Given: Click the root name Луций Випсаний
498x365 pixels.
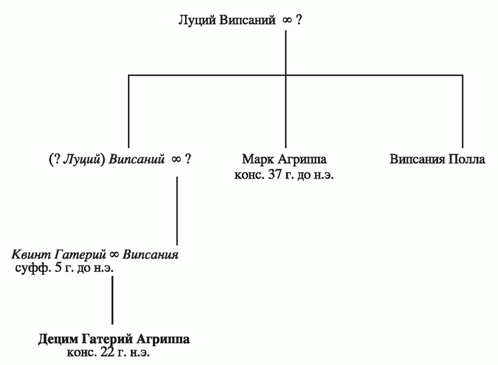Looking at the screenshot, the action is (227, 21).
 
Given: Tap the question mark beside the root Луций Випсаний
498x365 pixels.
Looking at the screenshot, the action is (299, 20).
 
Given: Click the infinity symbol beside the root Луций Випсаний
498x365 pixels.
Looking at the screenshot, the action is (287, 21).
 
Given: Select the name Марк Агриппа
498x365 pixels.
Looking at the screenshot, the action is (284, 159).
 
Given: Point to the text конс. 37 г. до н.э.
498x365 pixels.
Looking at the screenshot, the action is (284, 174).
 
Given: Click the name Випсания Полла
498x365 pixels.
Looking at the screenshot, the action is (438, 159).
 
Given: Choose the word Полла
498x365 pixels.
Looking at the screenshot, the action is (467, 159).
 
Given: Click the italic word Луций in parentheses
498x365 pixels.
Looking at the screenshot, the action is (82, 159).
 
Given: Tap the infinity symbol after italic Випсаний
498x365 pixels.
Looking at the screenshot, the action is (176, 159).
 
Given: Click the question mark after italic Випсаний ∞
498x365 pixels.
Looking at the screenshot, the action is (188, 159).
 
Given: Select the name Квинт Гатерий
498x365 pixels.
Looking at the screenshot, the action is (58, 255).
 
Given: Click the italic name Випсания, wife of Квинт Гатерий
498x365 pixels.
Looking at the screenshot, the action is (151, 255).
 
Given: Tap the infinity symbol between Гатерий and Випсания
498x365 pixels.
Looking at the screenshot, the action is (115, 255).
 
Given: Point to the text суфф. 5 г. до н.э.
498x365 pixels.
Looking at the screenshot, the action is (64, 268).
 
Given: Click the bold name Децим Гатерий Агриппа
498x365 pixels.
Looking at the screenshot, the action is (114, 339).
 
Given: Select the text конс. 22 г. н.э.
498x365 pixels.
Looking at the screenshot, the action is (108, 353).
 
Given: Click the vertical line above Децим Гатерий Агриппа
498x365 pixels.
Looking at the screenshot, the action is (112, 300).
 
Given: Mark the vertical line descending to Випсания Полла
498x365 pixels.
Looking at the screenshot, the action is (462, 112).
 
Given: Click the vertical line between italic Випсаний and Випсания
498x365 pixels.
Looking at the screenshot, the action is (177, 211).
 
